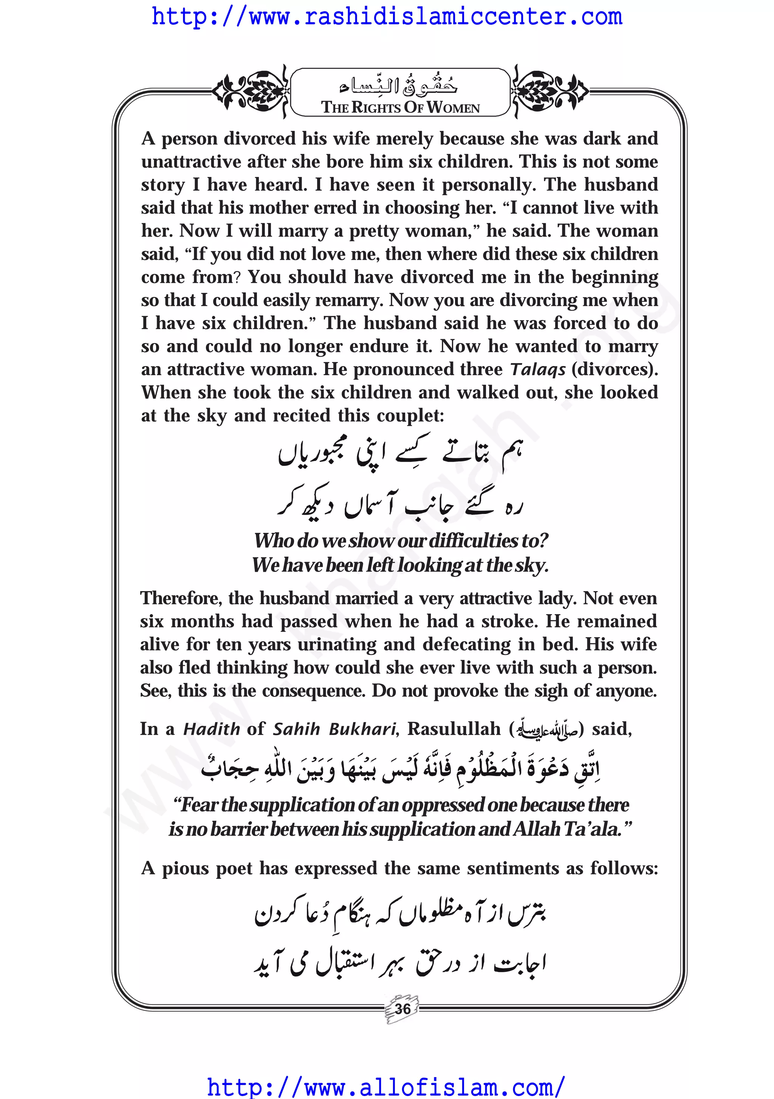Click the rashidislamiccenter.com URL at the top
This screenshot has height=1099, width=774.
pyautogui.click(x=387, y=17)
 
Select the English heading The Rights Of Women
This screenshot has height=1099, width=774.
pyautogui.click(x=400, y=107)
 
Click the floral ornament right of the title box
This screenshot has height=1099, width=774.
pyautogui.click(x=549, y=90)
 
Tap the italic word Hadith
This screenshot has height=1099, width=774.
pyautogui.click(x=211, y=729)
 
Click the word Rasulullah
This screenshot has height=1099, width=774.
pyautogui.click(x=454, y=729)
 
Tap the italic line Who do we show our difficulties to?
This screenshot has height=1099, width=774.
pyautogui.click(x=401, y=540)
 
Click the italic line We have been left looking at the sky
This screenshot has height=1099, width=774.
pyautogui.click(x=400, y=565)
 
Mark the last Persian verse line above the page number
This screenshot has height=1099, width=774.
pyautogui.click(x=400, y=963)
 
